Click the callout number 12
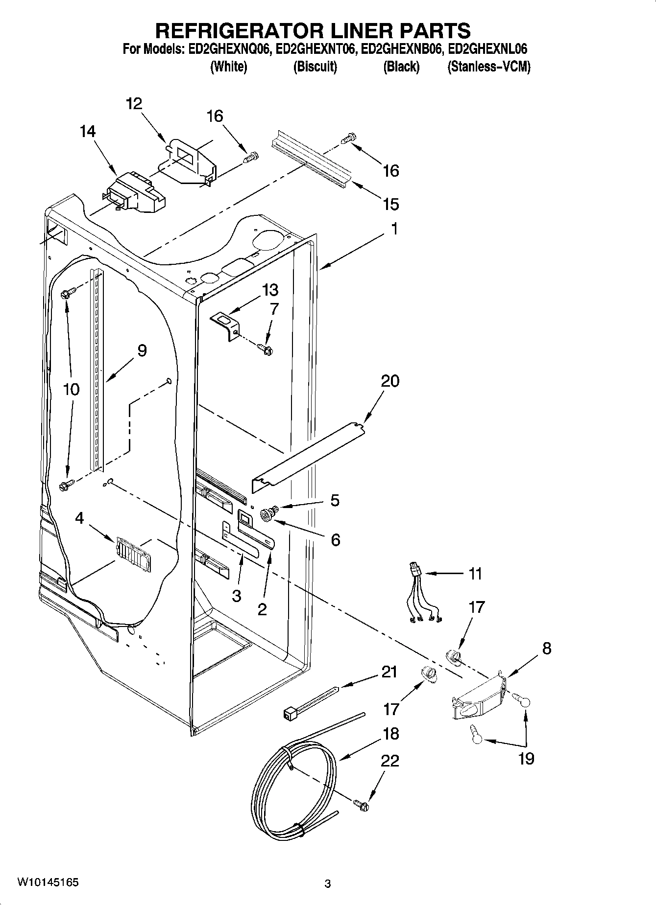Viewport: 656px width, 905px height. (x=134, y=104)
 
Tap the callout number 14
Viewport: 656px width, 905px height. (x=88, y=131)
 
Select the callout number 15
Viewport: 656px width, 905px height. (x=390, y=204)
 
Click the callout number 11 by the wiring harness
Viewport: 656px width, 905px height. (x=475, y=573)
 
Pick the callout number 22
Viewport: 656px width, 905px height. (x=389, y=761)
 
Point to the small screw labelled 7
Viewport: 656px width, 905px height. (x=266, y=349)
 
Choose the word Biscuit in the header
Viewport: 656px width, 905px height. (x=315, y=67)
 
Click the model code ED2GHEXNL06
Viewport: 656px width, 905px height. (x=488, y=49)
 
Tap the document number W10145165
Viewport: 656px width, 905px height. (x=48, y=882)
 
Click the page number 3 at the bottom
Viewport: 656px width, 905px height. (x=328, y=884)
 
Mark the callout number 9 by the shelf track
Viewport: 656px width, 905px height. (x=142, y=350)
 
